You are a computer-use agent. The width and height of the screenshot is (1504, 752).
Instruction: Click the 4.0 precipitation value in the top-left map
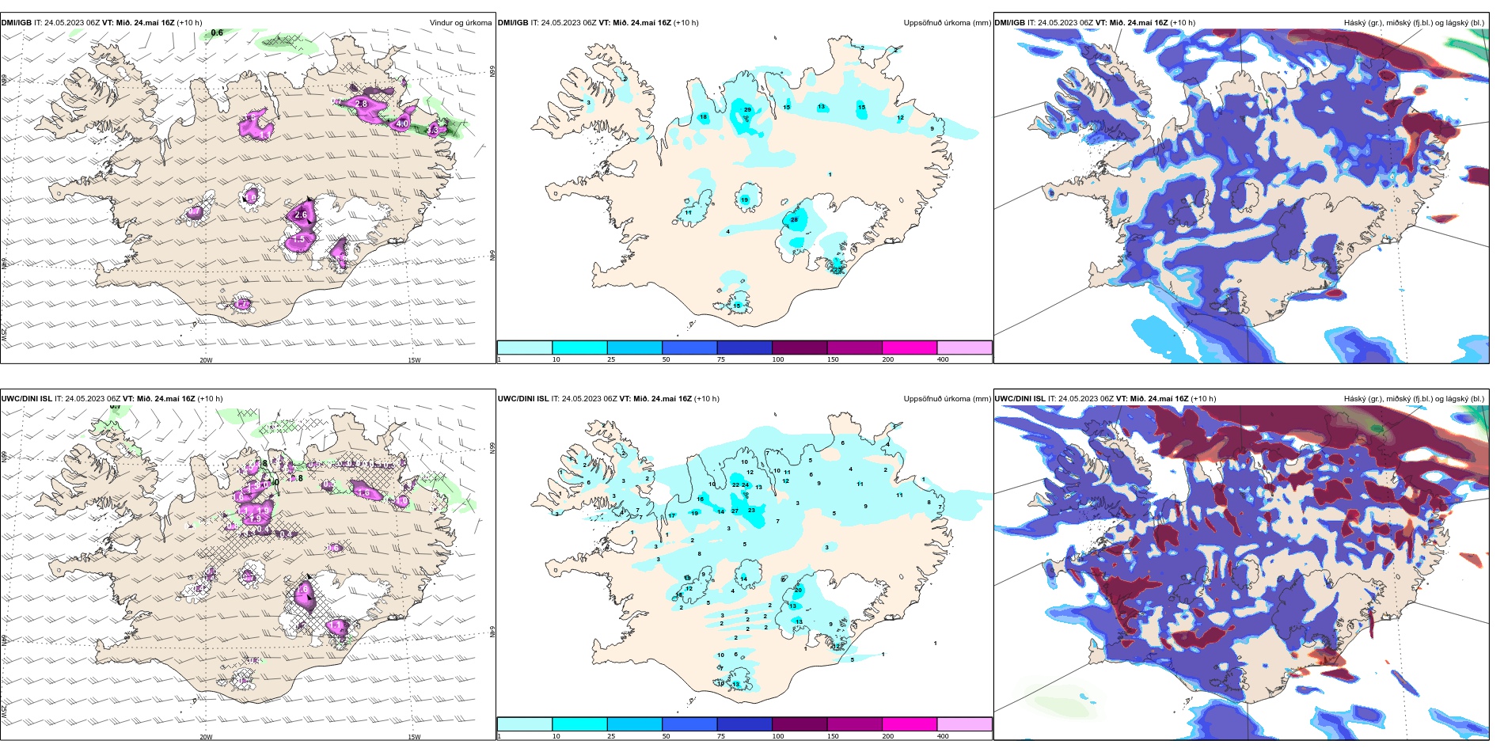click(x=402, y=124)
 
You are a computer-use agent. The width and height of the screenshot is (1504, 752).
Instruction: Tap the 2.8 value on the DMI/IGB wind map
click(x=362, y=104)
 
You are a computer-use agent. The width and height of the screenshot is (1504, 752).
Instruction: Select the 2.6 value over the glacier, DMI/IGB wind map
click(x=301, y=215)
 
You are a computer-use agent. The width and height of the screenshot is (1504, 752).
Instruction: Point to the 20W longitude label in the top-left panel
click(x=206, y=360)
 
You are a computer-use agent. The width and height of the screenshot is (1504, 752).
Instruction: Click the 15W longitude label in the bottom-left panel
click(x=414, y=737)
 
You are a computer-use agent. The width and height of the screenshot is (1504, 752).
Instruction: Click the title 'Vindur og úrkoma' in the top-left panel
click(x=461, y=23)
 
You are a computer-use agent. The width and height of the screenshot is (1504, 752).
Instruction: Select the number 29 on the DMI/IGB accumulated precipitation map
click(x=747, y=109)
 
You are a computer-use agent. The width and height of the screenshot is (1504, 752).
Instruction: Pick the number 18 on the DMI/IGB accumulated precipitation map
click(x=703, y=117)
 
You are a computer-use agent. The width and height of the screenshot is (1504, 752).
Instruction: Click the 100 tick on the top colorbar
click(x=778, y=359)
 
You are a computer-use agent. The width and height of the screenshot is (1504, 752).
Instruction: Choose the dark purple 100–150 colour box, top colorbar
click(x=799, y=348)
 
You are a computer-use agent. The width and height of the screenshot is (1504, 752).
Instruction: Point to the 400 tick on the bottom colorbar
click(x=943, y=736)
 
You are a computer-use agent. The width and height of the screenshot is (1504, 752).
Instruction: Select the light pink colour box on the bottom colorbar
click(x=964, y=724)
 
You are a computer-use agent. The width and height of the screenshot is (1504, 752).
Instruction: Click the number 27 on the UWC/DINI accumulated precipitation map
click(x=735, y=511)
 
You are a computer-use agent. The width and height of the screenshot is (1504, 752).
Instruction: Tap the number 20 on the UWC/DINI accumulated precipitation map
click(x=798, y=590)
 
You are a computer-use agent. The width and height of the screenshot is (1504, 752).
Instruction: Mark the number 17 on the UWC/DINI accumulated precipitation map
click(x=671, y=515)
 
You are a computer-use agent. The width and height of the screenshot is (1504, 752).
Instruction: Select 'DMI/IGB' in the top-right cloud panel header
click(x=1009, y=23)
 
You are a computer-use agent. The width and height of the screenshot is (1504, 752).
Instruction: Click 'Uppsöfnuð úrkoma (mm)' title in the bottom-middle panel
click(x=947, y=399)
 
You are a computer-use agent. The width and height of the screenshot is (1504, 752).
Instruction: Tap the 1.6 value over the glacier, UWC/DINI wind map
click(x=302, y=589)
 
